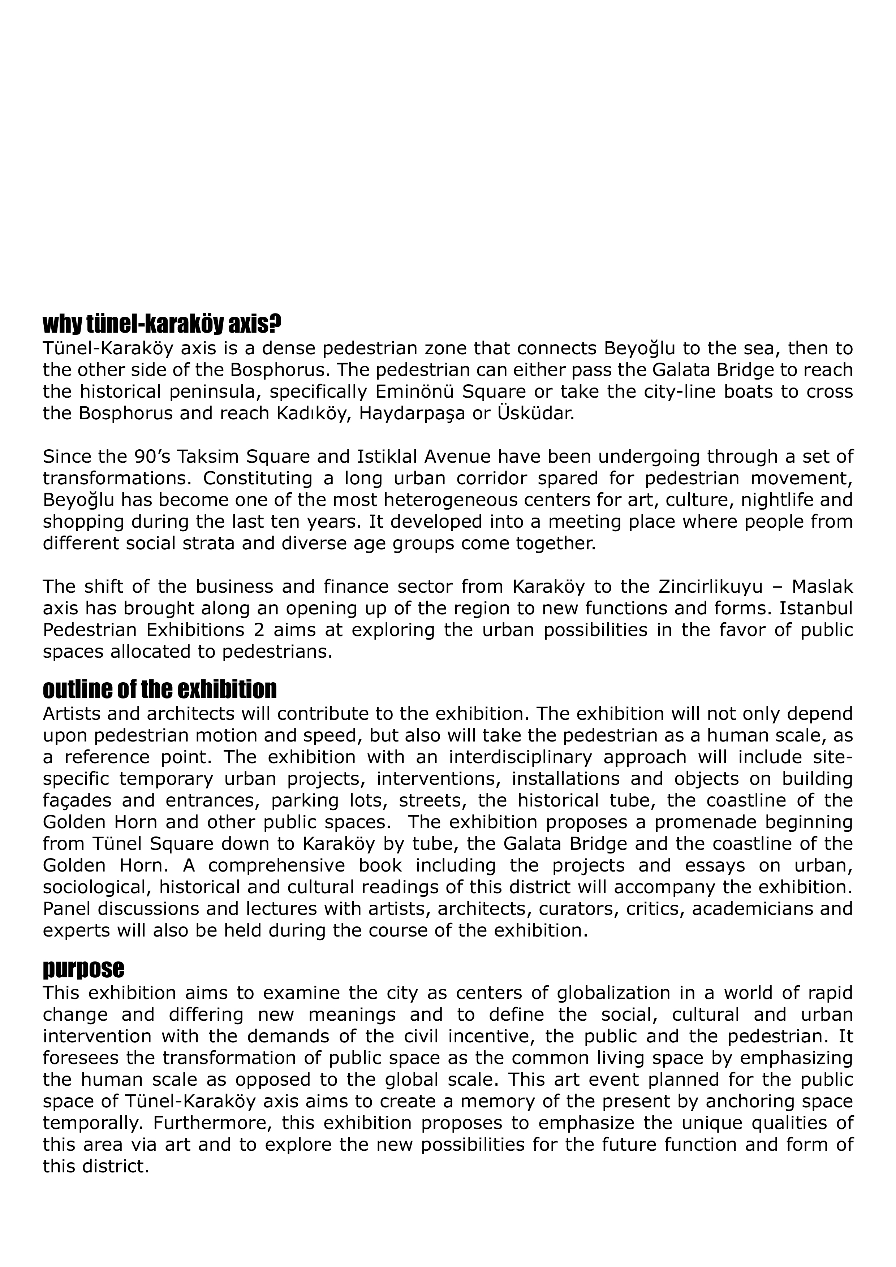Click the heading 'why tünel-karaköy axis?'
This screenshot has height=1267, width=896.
162,324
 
